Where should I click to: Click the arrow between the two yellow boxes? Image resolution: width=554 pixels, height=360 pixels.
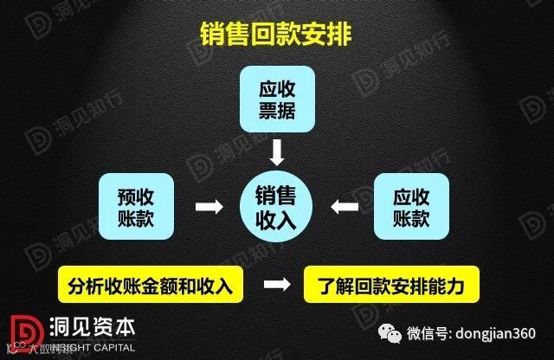tap(276, 285)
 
